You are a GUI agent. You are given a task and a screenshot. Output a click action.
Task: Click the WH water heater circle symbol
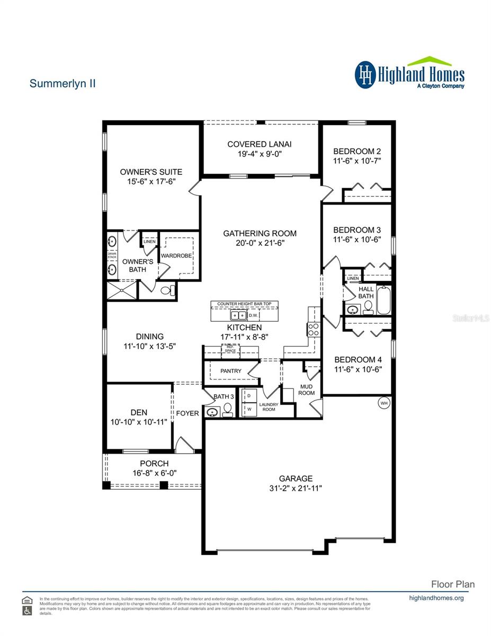coord(384,403)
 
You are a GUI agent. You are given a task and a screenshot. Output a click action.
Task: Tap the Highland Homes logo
coord(409,73)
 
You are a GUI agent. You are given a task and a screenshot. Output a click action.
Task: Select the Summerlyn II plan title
coord(63,83)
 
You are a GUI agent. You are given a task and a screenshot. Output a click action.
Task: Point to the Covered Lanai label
coord(260,144)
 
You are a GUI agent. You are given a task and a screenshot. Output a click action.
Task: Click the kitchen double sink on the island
coord(239,315)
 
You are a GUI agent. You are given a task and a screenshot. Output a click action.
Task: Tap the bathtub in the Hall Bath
coord(383,301)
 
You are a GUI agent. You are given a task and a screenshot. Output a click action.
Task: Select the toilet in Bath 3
coord(227,408)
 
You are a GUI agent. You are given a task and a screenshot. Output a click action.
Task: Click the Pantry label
coord(231,371)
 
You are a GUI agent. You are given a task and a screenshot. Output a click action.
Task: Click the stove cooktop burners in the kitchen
coord(313,330)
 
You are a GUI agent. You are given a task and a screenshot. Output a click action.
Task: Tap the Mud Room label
coord(306,390)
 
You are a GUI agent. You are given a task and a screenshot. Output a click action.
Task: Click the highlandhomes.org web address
coord(437,598)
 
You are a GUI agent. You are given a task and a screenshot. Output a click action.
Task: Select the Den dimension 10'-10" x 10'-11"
coord(139,422)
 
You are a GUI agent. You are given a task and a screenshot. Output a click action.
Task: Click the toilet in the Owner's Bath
coord(167,290)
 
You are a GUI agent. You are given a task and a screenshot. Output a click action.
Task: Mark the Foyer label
coord(188,413)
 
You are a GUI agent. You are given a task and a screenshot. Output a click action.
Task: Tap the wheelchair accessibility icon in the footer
coord(27,611)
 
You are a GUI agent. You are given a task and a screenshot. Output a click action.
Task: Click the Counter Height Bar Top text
coord(244,304)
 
